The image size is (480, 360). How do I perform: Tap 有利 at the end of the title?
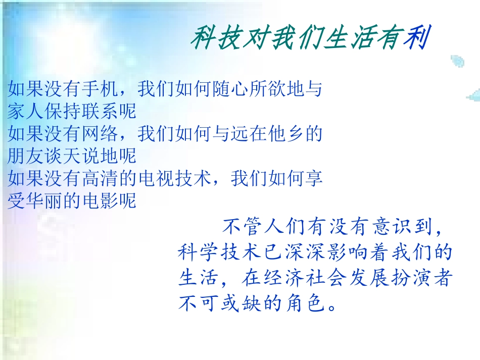tap(403, 38)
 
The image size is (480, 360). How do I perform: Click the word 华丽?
tap(47, 201)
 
